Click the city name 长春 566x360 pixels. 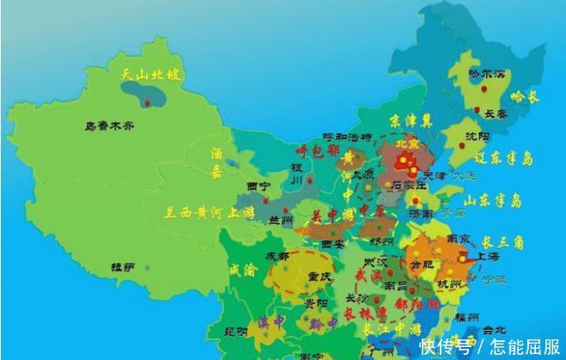(496, 113)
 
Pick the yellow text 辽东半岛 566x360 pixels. (504, 160)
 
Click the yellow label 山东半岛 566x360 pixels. (493, 200)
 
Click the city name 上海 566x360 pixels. (486, 255)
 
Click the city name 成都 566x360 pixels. (277, 255)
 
